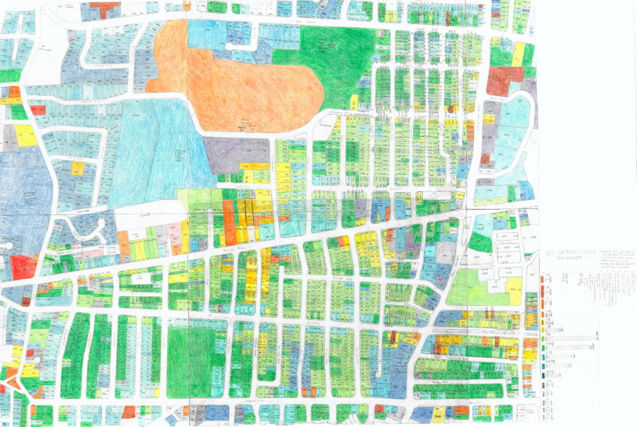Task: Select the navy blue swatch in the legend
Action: pyautogui.click(x=544, y=377)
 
